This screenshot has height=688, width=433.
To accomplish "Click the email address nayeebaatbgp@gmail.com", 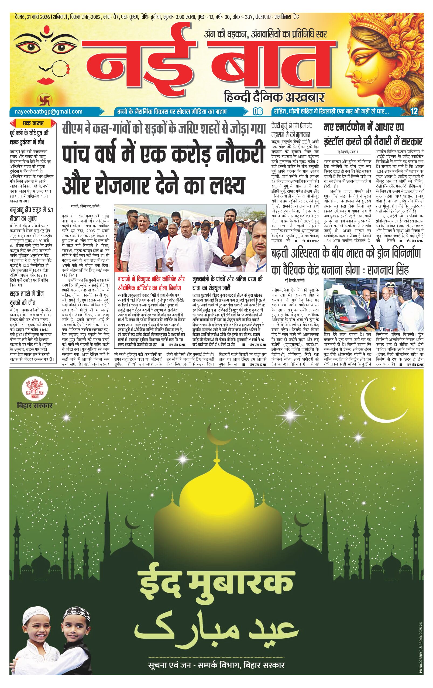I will [x=48, y=112].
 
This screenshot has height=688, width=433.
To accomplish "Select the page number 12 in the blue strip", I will [x=414, y=112].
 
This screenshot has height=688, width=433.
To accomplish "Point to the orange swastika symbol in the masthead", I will [x=42, y=100].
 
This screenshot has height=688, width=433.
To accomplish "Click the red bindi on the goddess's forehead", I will [x=46, y=29].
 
